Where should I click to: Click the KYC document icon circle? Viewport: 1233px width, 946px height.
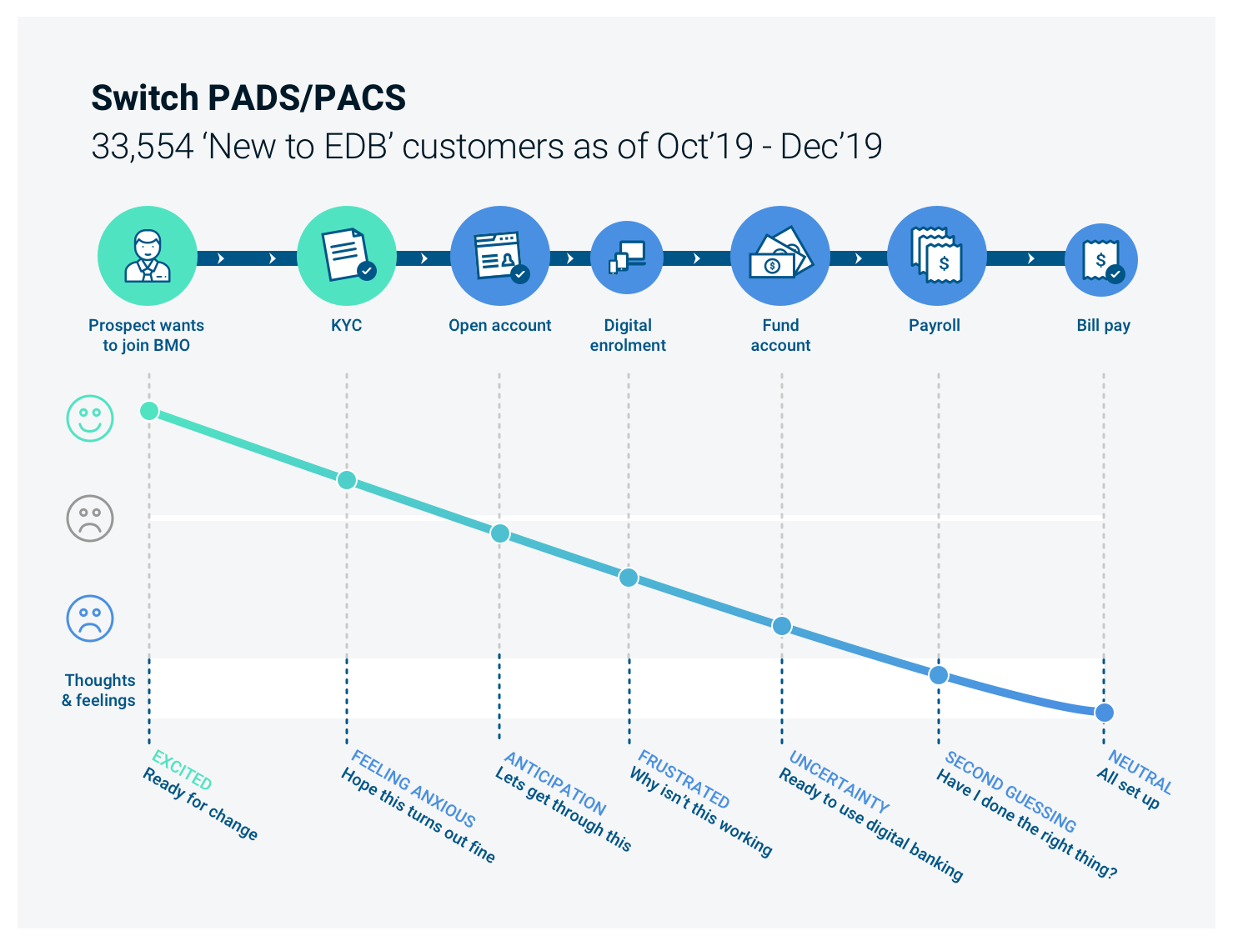coord(346,256)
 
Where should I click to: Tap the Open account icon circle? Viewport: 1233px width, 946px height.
coord(499,256)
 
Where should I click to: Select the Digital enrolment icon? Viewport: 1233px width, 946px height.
coord(627,257)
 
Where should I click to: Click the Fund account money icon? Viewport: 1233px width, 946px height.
coord(780,256)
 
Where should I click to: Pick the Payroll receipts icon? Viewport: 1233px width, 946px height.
coord(936,256)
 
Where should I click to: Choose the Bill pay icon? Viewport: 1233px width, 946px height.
coord(1101,260)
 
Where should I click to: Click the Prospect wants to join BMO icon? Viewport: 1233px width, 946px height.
coord(148,256)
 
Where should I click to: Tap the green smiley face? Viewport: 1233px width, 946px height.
coord(90,418)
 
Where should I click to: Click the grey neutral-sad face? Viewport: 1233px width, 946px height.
coord(90,518)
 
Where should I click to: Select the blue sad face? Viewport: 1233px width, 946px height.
coord(90,618)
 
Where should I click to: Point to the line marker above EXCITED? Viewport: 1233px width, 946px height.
coord(149,410)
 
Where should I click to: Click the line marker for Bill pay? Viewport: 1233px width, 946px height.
coord(1105,713)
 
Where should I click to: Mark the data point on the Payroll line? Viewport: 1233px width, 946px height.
coord(939,675)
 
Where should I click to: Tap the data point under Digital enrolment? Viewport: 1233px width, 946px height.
coord(629,577)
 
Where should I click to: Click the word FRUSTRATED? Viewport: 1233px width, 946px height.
coord(684,779)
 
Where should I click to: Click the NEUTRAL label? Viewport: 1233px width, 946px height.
coord(1140,772)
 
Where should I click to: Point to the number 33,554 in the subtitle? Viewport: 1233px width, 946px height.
coord(142,147)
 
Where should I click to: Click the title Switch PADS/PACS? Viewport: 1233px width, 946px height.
coord(248,98)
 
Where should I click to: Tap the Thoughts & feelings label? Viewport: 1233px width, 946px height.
coord(99,690)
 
